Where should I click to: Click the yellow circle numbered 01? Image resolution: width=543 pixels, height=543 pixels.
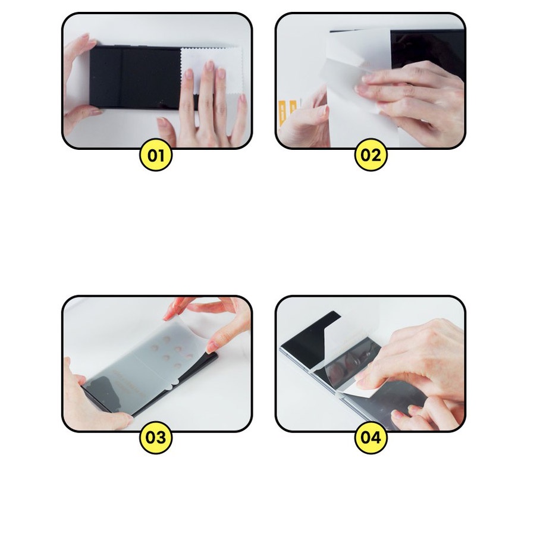(155, 156)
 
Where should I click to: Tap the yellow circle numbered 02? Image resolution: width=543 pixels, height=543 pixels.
(370, 156)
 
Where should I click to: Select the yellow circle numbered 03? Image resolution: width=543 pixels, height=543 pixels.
(155, 438)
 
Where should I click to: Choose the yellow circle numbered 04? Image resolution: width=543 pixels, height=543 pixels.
(370, 438)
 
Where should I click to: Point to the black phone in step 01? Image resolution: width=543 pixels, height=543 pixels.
(137, 77)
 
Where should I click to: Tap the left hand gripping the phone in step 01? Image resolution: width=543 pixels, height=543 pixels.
(77, 83)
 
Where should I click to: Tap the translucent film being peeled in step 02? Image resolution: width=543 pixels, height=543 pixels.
(351, 59)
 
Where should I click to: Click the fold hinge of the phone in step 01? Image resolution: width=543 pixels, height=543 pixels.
(122, 77)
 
